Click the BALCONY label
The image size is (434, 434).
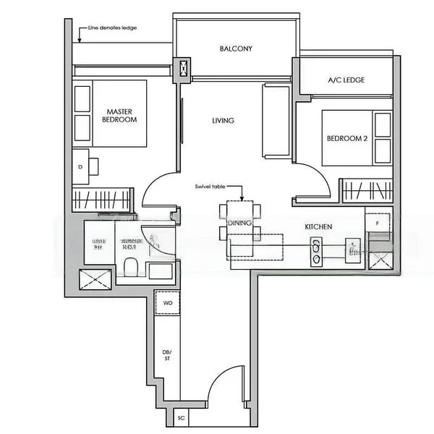pos(236,49)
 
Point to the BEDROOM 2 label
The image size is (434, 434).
pos(348,139)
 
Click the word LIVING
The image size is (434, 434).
pos(223,121)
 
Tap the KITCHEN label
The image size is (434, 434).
pos(318,227)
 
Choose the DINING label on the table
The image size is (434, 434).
pos(239,224)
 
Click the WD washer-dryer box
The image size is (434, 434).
pos(166,303)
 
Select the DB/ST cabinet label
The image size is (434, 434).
pos(166,354)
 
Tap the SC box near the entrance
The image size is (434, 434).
pos(182,418)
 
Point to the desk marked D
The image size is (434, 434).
pos(80,166)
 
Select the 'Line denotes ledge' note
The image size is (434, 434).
pos(112,28)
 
